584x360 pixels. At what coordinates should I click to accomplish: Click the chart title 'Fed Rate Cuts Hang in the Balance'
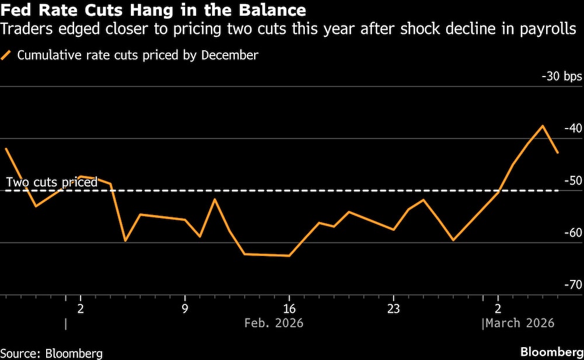153,10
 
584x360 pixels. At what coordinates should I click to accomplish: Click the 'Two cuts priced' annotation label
51,182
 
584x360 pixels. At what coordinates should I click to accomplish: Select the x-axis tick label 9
185,308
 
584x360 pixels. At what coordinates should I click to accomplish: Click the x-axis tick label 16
288,308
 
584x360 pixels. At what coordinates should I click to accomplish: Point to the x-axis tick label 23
393,308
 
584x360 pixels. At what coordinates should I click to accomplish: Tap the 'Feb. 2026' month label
274,323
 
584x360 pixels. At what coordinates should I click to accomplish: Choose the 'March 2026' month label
520,323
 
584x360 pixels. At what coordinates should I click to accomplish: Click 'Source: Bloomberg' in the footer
51,352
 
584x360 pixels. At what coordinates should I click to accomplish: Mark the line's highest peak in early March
543,126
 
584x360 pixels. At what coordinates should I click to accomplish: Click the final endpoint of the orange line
558,153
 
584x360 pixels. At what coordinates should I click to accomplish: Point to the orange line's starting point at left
6,148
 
